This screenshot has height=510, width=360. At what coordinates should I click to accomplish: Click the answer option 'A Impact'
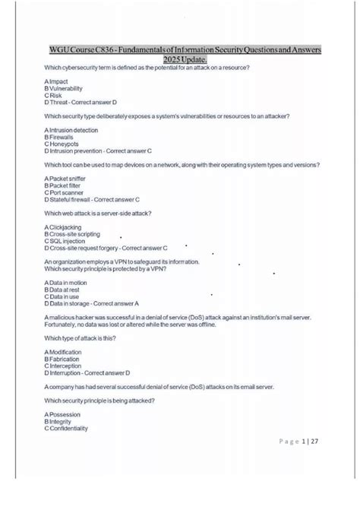pos(58,81)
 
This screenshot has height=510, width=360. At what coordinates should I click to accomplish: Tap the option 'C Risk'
pos(55,95)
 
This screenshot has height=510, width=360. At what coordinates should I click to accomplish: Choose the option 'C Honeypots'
pos(63,144)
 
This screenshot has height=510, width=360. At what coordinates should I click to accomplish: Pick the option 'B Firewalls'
pos(62,137)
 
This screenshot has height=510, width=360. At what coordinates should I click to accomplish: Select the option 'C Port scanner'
pos(67,192)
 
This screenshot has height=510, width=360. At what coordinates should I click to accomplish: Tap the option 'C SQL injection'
pos(68,241)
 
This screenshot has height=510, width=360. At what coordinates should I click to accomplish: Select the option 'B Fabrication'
pos(64,360)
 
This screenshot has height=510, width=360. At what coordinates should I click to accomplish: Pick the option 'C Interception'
pos(65,366)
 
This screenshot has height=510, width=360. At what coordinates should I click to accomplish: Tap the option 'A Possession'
pos(63,414)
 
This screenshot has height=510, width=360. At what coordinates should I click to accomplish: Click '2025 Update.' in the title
pos(184,59)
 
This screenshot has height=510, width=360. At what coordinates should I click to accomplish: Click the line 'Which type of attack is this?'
pos(81,338)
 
